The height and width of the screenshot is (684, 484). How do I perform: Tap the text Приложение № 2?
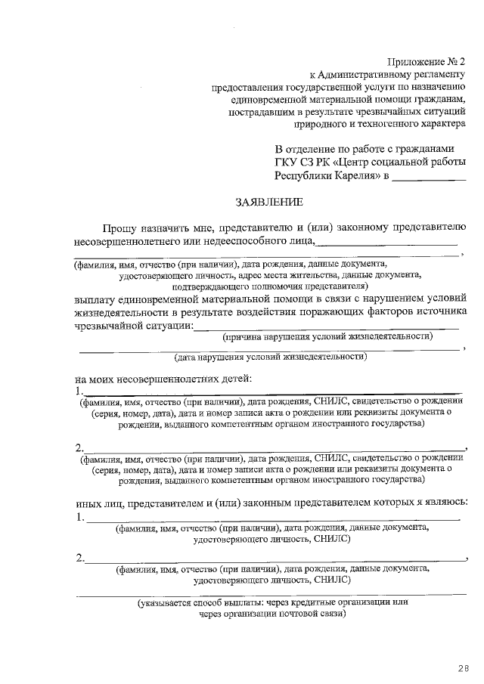pyautogui.click(x=427, y=61)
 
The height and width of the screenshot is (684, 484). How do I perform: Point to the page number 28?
pyautogui.click(x=462, y=667)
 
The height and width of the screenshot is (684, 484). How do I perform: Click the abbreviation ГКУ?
pyautogui.click(x=287, y=162)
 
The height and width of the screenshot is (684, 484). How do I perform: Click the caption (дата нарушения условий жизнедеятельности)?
pyautogui.click(x=270, y=357)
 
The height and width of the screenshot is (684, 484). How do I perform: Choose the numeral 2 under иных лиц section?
pyautogui.click(x=79, y=559)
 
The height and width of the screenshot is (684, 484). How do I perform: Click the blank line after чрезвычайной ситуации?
pyautogui.click(x=325, y=326)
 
